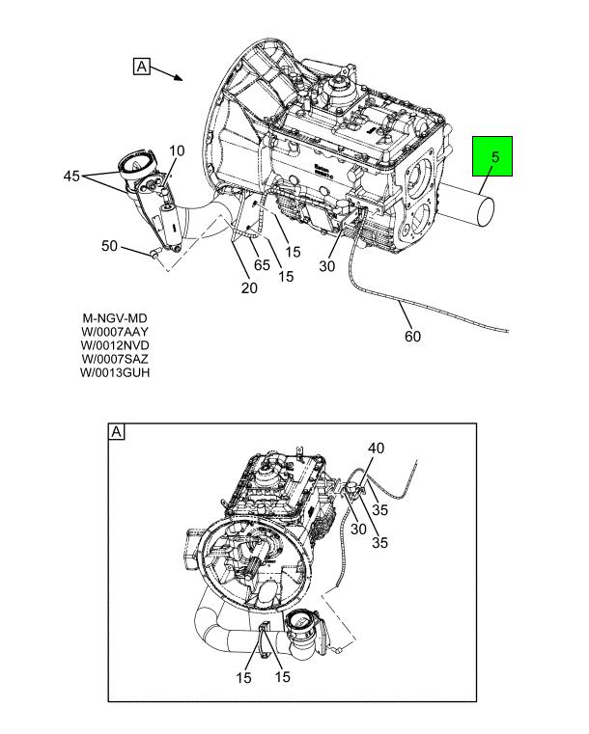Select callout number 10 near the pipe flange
tap(177, 150)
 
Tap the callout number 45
tap(71, 177)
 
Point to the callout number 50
tap(110, 247)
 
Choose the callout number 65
tap(262, 264)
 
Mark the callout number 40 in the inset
tap(376, 449)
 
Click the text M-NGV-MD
tap(115, 318)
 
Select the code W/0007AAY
tap(116, 332)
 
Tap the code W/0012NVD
tap(116, 345)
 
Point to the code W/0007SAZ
tap(116, 359)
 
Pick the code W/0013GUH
tap(116, 372)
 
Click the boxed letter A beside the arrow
tap(141, 67)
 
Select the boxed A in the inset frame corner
tap(117, 432)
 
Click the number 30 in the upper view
tap(326, 267)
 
